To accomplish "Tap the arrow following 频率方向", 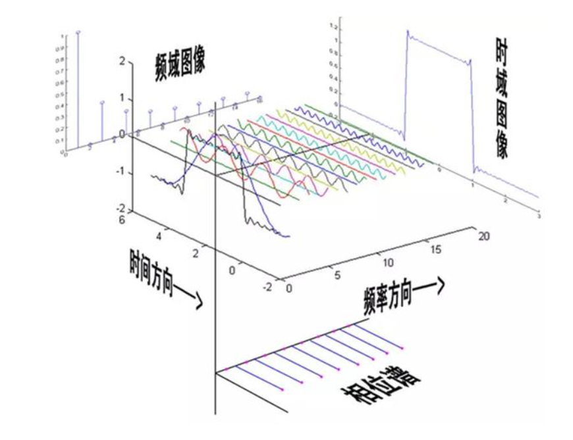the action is pyautogui.click(x=437, y=283).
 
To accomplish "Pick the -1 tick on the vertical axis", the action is pyautogui.click(x=121, y=172).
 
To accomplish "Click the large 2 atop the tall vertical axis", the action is pyautogui.click(x=121, y=61).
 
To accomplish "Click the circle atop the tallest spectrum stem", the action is pyautogui.click(x=78, y=32).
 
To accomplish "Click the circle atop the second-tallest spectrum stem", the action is pyautogui.click(x=102, y=103).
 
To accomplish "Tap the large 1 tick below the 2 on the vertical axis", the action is pyautogui.click(x=121, y=97).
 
